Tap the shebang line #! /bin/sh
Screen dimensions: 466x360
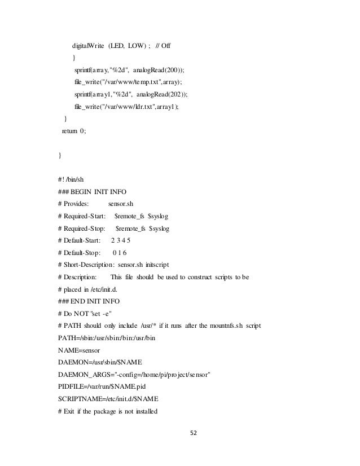[74, 179]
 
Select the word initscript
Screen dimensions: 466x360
[162, 265]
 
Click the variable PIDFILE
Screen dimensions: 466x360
[73, 386]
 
